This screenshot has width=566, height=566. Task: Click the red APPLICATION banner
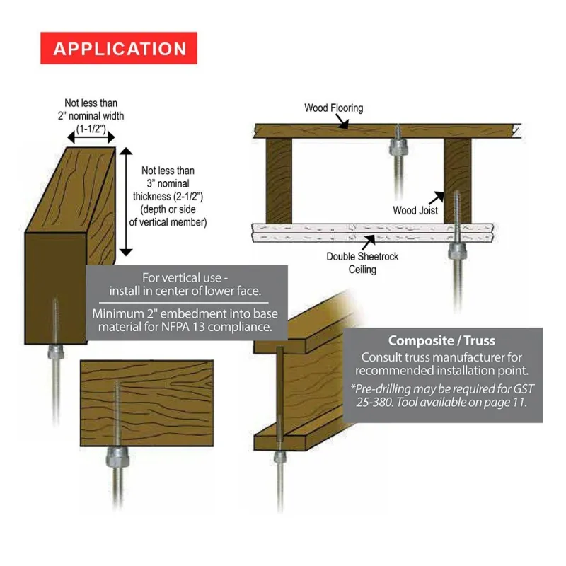click(119, 48)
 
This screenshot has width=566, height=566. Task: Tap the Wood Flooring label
click(333, 108)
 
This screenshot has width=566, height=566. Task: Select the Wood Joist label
click(415, 210)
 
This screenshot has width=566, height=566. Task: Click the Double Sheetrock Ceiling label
click(362, 262)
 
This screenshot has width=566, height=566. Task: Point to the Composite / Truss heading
click(441, 340)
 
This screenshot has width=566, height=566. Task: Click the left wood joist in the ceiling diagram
click(278, 180)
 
